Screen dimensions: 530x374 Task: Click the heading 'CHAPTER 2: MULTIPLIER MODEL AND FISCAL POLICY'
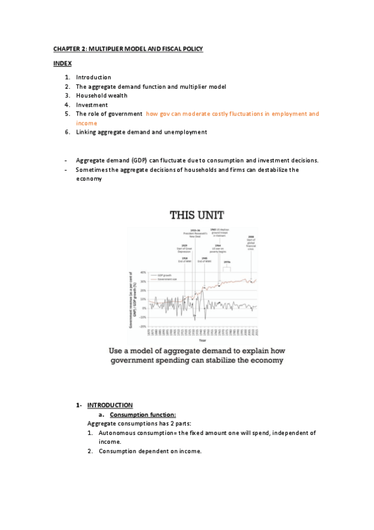pyautogui.click(x=127, y=49)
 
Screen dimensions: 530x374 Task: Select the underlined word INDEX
pyautogui.click(x=62, y=64)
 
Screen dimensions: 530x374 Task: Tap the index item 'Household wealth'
pyautogui.click(x=101, y=96)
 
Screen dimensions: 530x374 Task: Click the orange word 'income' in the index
pyautogui.click(x=87, y=124)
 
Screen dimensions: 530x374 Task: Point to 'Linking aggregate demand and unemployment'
pyautogui.click(x=141, y=132)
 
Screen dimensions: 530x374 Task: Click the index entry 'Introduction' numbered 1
pyautogui.click(x=94, y=77)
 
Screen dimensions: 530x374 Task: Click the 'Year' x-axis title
pyautogui.click(x=202, y=340)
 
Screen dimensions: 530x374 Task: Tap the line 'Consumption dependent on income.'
pyautogui.click(x=150, y=451)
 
